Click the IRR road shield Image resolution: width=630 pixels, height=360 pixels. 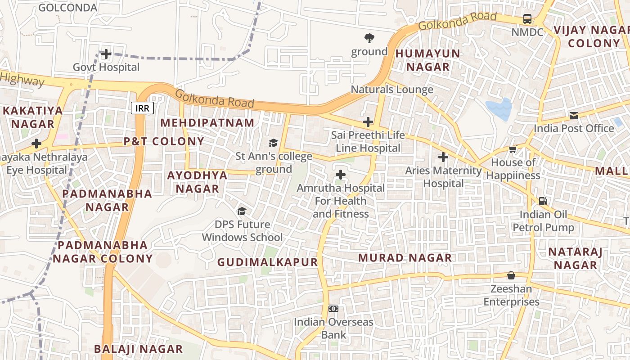click(143, 108)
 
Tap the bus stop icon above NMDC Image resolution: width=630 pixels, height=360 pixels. click(527, 19)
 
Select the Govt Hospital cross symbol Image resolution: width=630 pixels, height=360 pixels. click(106, 54)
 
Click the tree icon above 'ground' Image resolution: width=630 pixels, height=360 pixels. click(369, 38)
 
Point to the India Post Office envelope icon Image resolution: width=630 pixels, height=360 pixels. click(574, 116)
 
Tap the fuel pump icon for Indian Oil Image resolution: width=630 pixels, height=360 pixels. click(543, 201)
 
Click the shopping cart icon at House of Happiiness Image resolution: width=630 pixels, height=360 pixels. click(513, 149)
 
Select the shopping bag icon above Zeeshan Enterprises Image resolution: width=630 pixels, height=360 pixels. click(511, 275)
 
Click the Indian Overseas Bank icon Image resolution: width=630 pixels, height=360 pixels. click(333, 309)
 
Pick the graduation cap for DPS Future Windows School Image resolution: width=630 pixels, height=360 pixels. click(242, 211)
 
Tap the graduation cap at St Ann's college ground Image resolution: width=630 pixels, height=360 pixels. click(273, 143)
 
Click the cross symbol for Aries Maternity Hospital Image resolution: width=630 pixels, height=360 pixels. click(443, 157)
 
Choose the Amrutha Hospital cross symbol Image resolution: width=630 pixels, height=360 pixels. click(341, 175)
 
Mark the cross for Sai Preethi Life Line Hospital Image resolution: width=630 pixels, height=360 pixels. click(368, 121)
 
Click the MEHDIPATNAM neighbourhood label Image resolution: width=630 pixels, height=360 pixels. click(207, 122)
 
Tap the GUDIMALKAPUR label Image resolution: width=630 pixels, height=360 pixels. click(267, 262)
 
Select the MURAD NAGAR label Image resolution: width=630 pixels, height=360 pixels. click(405, 257)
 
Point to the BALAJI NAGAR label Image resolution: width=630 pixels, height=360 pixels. click(138, 349)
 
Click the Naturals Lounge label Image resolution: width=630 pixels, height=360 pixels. click(392, 89)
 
